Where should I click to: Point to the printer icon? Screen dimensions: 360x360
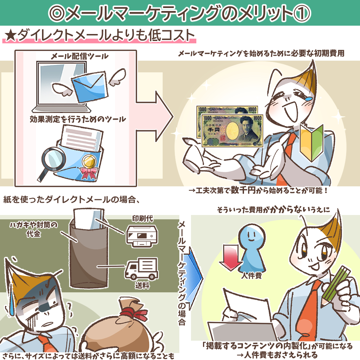(x=142, y=236)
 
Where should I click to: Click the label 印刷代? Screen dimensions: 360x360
(x=142, y=218)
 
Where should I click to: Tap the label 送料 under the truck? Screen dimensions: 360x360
(x=142, y=285)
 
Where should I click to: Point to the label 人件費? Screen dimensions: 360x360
(x=251, y=276)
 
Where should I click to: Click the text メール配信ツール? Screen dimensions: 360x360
(x=79, y=56)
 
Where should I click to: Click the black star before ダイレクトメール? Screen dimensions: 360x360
(x=11, y=36)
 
